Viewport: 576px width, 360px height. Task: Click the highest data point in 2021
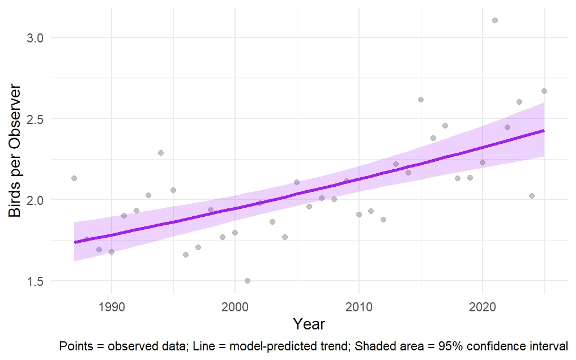coord(495,20)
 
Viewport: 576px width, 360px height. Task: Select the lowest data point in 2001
coord(248,281)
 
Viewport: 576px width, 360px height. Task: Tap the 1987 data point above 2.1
coord(74,178)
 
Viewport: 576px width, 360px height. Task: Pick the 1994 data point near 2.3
coord(161,153)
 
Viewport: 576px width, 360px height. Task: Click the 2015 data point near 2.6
coord(421,100)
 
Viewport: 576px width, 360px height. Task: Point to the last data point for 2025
coord(544,91)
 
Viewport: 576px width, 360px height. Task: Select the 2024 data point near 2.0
coord(532,196)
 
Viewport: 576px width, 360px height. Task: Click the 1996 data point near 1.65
coord(186,255)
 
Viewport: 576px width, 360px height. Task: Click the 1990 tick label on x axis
coord(112,306)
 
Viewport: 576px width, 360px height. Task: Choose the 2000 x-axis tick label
coord(235,306)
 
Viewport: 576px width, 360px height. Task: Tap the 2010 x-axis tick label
coord(359,306)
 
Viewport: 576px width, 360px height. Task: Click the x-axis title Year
coord(309,324)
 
